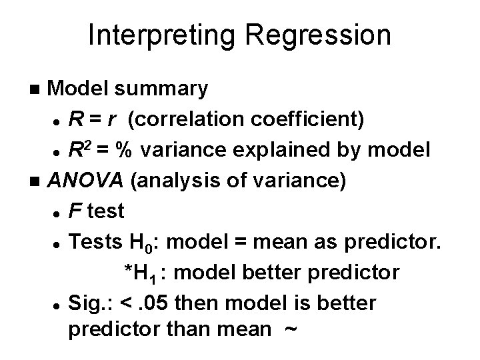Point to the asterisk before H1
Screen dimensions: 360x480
coord(129,272)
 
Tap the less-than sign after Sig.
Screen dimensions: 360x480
coord(125,303)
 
